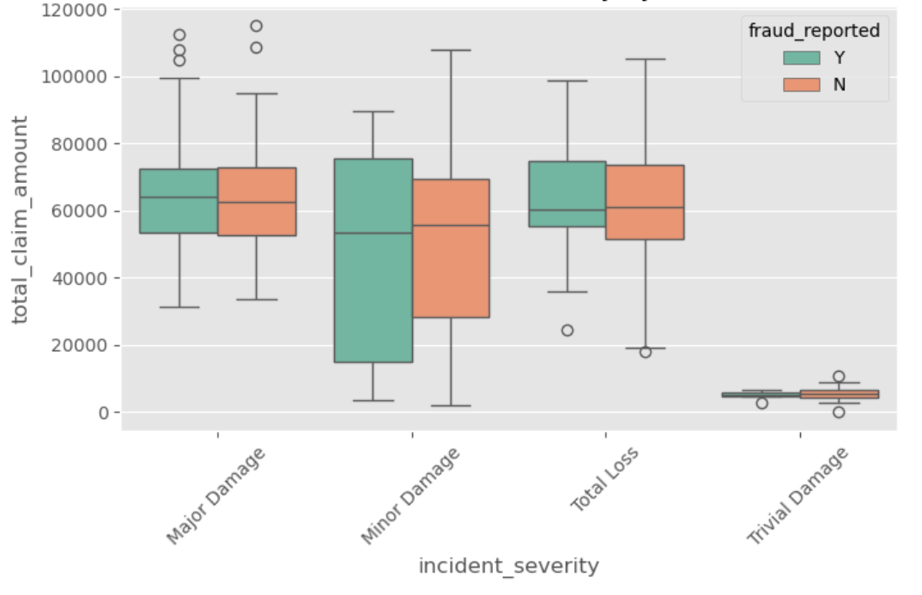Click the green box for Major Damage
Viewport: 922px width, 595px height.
179,201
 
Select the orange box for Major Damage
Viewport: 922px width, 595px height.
257,201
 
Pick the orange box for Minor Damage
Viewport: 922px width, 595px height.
451,248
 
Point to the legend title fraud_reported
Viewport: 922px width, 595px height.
814,31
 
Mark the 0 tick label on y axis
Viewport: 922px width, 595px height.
102,413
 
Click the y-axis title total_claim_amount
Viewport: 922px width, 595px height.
20,220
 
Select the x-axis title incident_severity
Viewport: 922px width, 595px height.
508,567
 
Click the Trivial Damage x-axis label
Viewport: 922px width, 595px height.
797,496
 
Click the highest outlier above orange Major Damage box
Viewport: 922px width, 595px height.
257,26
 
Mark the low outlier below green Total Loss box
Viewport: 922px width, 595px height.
567,331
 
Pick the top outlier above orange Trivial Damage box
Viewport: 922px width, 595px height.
839,376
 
